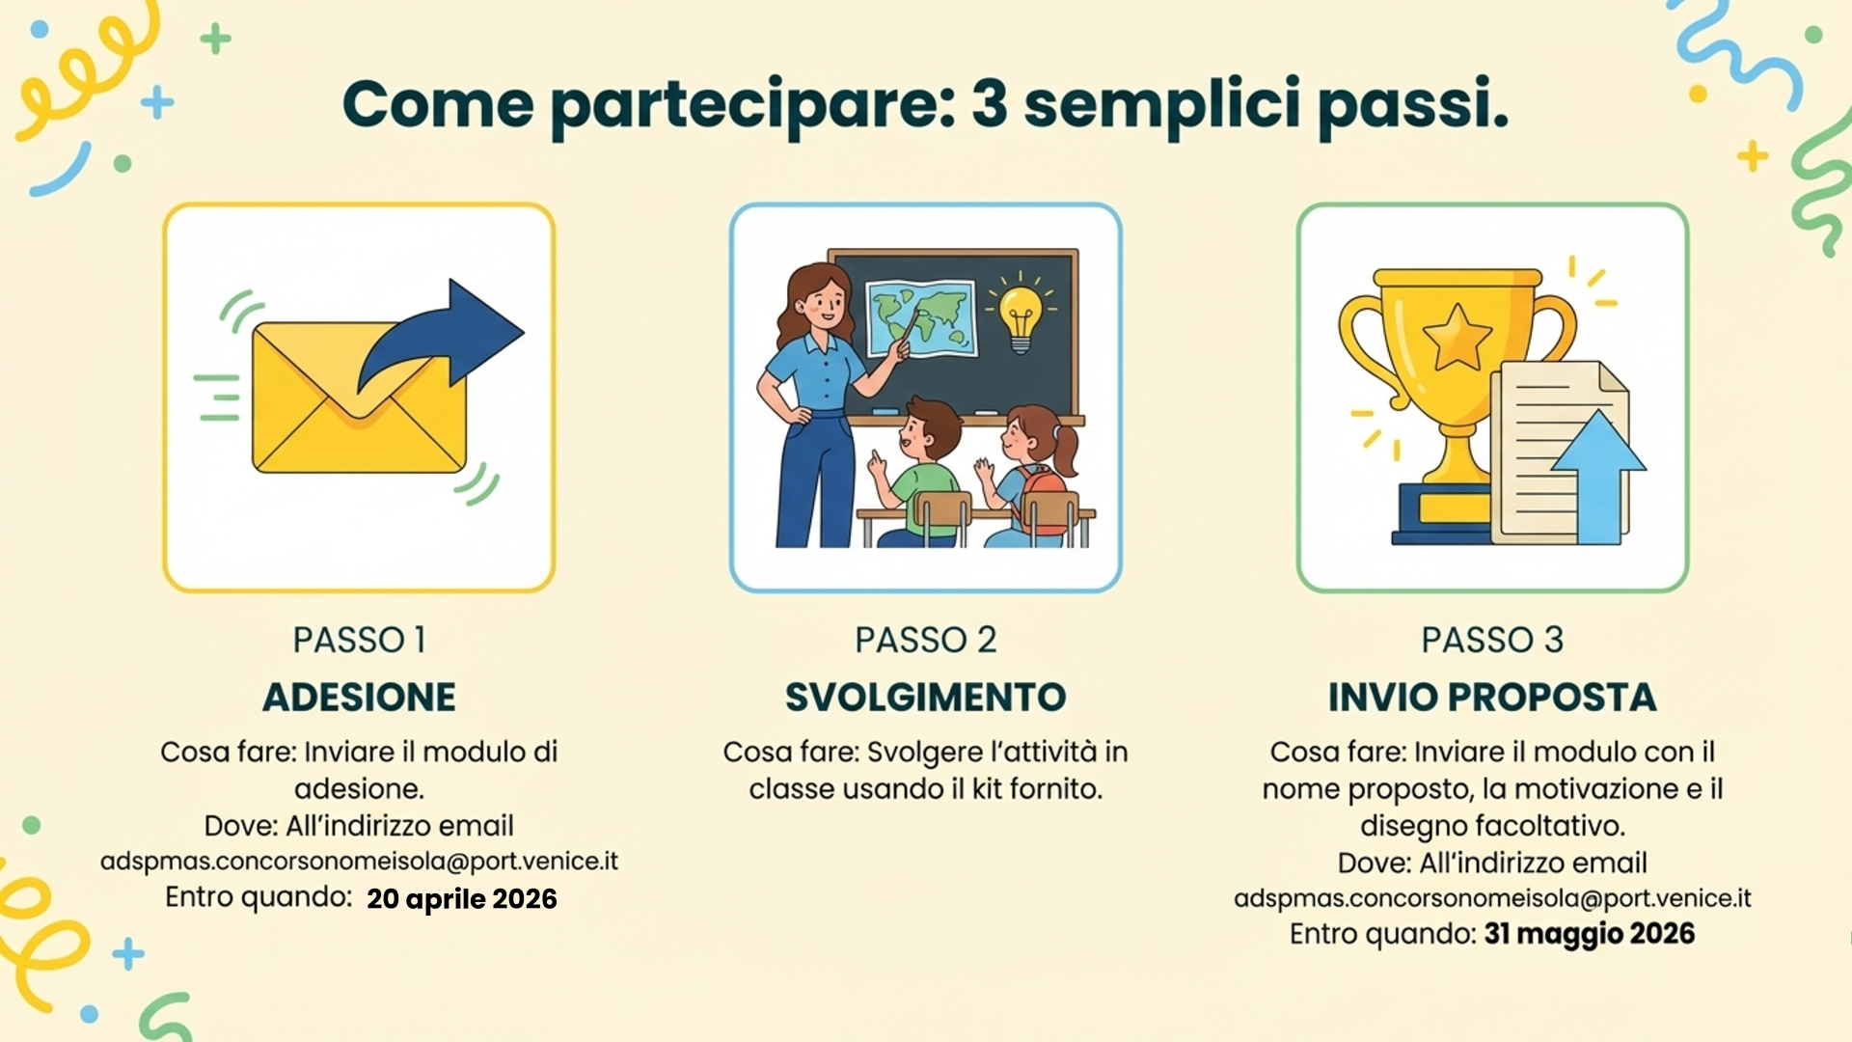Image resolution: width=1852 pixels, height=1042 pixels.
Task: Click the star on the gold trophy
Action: tap(1457, 338)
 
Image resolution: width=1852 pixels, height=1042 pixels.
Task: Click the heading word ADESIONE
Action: tap(359, 698)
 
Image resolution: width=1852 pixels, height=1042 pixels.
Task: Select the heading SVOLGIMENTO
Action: tap(925, 698)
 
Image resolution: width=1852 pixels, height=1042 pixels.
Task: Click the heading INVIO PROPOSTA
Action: tap(1492, 698)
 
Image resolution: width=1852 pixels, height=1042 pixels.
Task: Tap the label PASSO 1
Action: tap(359, 640)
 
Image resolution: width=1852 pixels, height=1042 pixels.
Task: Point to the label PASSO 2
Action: tap(925, 640)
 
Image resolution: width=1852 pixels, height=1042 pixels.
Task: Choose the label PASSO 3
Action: tap(1492, 640)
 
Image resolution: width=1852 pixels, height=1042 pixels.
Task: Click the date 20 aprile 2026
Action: tap(462, 899)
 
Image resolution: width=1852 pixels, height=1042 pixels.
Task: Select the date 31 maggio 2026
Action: tap(1590, 934)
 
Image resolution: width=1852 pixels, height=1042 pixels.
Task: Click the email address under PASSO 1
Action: tap(359, 861)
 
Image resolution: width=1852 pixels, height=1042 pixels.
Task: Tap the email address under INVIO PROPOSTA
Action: tap(1492, 898)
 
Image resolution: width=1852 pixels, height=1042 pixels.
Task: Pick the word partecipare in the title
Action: tap(752, 107)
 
